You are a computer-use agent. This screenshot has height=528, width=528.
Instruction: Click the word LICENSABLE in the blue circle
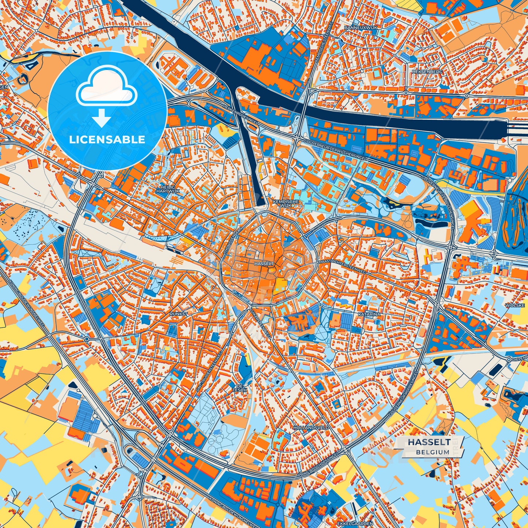click(107, 140)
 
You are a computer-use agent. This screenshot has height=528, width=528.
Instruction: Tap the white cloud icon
click(106, 87)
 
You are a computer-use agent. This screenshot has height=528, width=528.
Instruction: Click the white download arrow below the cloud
click(102, 117)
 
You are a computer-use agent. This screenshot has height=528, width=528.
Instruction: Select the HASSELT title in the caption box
click(429, 442)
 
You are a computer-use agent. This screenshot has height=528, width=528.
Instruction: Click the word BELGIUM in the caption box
click(432, 452)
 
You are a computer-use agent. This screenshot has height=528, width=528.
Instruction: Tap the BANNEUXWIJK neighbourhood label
click(360, 27)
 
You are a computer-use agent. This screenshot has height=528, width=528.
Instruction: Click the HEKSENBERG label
click(426, 72)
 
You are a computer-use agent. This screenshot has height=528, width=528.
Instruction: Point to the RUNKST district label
click(179, 314)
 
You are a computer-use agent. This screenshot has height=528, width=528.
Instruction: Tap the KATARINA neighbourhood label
click(369, 314)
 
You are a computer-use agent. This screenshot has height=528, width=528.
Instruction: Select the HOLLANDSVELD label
click(311, 428)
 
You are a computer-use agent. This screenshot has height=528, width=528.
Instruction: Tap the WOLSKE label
click(515, 305)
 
